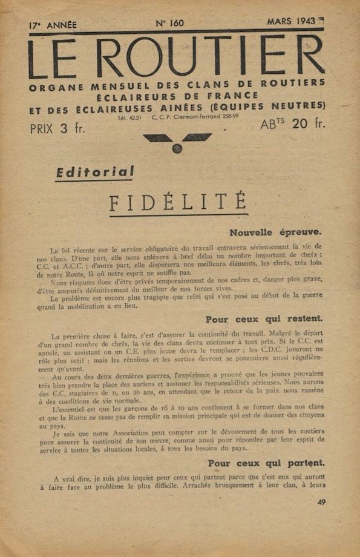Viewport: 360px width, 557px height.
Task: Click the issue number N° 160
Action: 169,24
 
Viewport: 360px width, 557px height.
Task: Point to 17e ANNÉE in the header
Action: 53,25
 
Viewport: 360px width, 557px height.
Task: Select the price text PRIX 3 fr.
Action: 57,128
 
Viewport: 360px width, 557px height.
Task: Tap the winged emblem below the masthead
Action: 177,142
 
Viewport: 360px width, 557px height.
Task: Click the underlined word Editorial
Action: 95,173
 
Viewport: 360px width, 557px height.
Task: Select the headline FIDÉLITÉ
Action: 178,202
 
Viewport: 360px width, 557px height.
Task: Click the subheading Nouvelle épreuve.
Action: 275,232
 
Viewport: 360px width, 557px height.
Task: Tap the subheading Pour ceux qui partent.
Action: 266,463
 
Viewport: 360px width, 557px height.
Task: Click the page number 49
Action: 321,502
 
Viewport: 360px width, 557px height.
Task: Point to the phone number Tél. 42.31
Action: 132,117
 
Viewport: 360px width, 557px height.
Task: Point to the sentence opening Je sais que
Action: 70,434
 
